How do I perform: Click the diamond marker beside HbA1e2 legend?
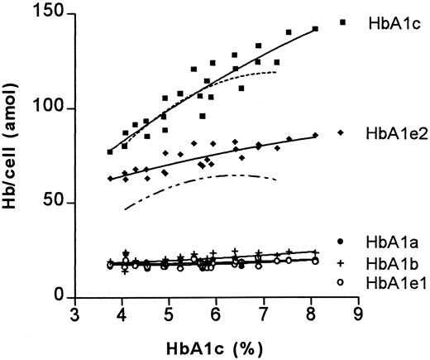point(342,132)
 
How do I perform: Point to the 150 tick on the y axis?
point(55,14)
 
